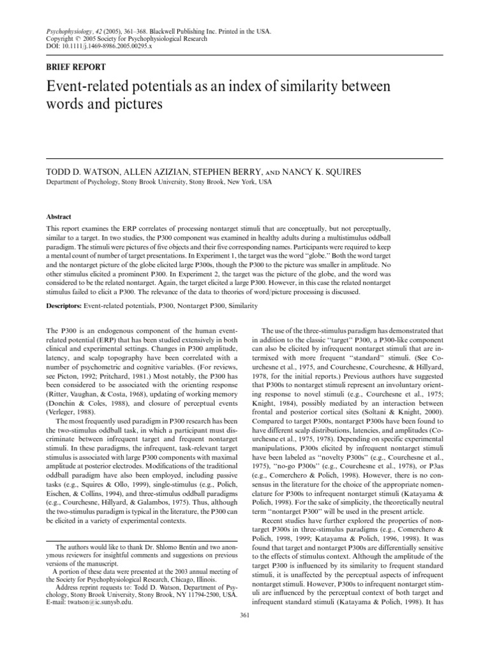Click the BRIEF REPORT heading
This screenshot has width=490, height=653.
click(77, 66)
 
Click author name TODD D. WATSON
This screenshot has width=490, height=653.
click(82, 172)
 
